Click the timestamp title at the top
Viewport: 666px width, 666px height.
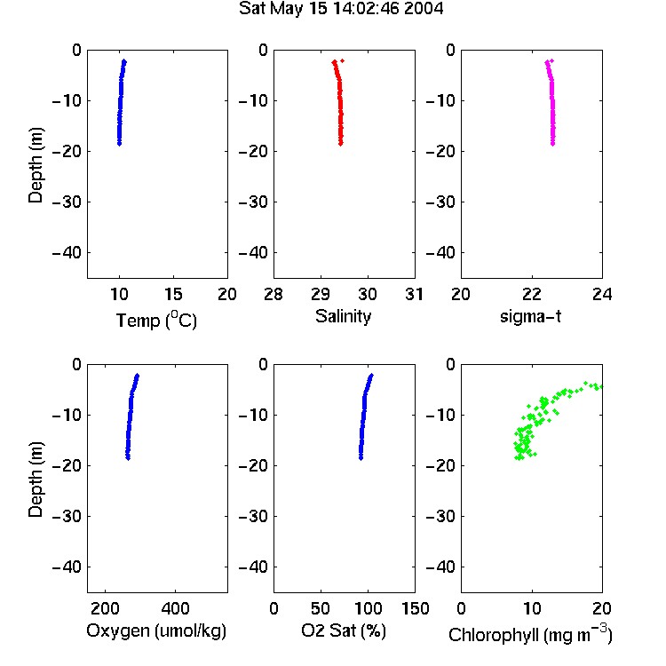(x=341, y=9)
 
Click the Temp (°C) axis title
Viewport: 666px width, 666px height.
(x=156, y=320)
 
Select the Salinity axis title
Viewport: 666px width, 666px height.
(x=343, y=316)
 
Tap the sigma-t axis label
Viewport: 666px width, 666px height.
(x=530, y=316)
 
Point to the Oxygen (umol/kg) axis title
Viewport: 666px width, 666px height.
(x=156, y=630)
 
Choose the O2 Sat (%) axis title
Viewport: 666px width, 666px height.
(x=344, y=630)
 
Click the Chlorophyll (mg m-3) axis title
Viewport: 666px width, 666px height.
(x=530, y=634)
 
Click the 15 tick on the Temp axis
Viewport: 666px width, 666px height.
(x=173, y=294)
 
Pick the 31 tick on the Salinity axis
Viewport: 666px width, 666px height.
(x=414, y=294)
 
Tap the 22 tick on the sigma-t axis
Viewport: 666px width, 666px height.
(x=532, y=294)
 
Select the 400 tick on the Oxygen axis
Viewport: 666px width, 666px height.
(x=175, y=608)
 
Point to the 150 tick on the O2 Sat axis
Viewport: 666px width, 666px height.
(x=415, y=608)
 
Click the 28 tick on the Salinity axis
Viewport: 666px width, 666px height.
(x=274, y=294)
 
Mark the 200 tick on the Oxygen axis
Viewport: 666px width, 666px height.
(x=105, y=608)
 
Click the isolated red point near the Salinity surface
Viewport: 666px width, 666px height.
(x=343, y=60)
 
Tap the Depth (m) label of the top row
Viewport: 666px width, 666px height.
(x=36, y=165)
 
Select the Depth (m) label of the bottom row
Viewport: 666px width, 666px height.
(x=36, y=480)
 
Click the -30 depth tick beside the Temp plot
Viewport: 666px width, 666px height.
(x=67, y=202)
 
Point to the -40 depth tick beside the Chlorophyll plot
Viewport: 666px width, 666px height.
(x=440, y=567)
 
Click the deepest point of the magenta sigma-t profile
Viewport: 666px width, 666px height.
(x=552, y=144)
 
